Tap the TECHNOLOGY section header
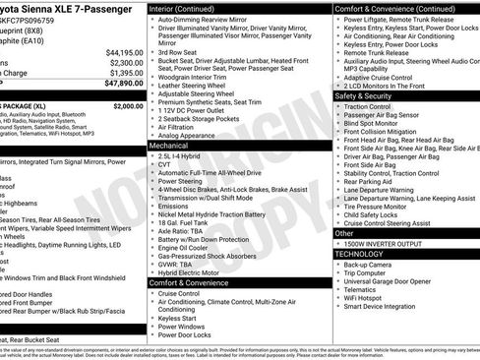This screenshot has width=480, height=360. [359, 254]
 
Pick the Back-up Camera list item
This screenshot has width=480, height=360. [370, 265]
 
